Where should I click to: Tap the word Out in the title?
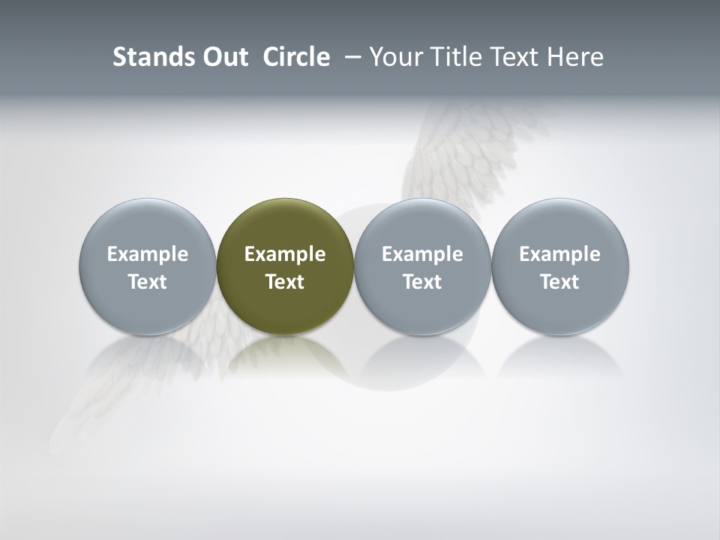click(223, 57)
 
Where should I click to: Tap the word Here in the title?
click(575, 57)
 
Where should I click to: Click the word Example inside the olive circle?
click(285, 254)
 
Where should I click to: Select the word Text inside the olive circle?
click(285, 282)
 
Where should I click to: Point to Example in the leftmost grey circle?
click(148, 254)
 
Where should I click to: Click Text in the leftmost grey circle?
click(148, 282)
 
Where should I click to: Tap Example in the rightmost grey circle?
click(559, 254)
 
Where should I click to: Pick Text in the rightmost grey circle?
click(559, 282)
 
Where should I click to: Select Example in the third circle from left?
click(422, 254)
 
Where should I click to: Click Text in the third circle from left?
click(422, 282)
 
